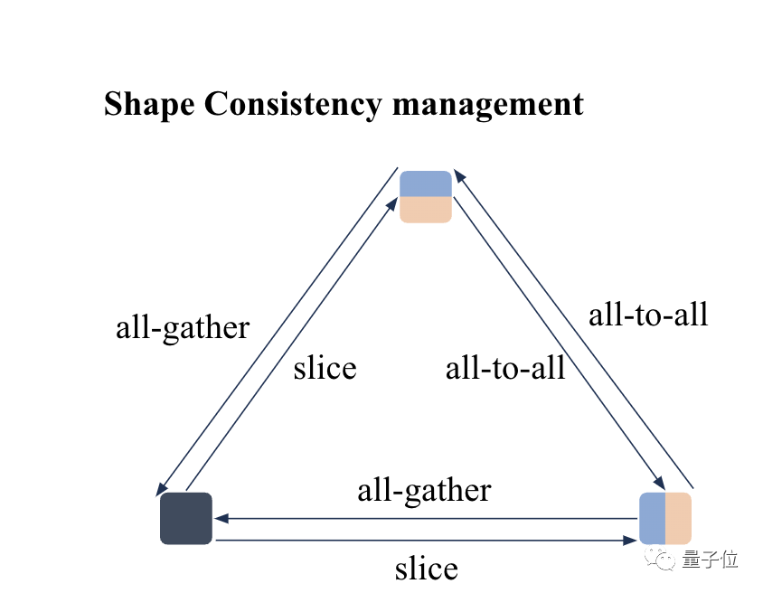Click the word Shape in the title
pyautogui.click(x=148, y=104)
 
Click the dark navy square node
pyautogui.click(x=186, y=519)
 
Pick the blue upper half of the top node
pyautogui.click(x=426, y=184)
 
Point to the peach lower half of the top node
pyautogui.click(x=426, y=210)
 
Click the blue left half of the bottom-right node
pyautogui.click(x=653, y=519)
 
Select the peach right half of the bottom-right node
pyautogui.click(x=679, y=519)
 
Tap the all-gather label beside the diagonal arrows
pyautogui.click(x=183, y=327)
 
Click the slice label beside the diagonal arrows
pyautogui.click(x=325, y=368)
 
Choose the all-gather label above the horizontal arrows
pyautogui.click(x=424, y=491)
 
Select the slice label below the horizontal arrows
pyautogui.click(x=426, y=569)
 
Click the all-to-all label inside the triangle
pyautogui.click(x=505, y=368)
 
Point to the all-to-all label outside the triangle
pyautogui.click(x=648, y=315)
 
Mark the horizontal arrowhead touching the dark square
pyautogui.click(x=221, y=519)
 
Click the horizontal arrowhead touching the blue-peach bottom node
pyautogui.click(x=631, y=541)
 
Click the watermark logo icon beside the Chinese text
pyautogui.click(x=664, y=560)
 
